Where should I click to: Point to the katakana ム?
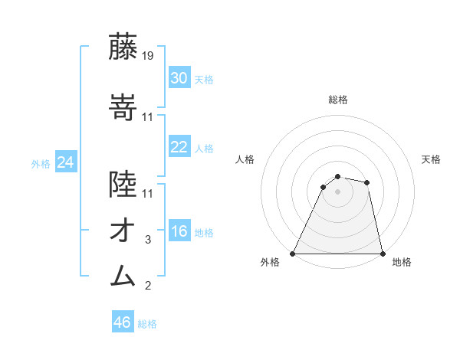pos(123,275)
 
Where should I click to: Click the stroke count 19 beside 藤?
pos(148,55)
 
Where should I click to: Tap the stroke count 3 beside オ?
pos(148,240)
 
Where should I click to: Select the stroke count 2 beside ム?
pos(148,286)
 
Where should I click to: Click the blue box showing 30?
pos(179,77)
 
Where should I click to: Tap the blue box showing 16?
pos(179,231)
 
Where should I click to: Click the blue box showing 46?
pos(123,322)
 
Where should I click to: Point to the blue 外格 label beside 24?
pos(41,163)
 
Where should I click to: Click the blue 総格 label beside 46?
pos(147,324)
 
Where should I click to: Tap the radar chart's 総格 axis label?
pos(337,100)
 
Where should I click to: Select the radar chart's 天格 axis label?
pos(431,159)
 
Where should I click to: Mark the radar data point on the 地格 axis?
pos(382,253)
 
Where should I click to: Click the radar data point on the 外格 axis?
pos(293,253)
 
